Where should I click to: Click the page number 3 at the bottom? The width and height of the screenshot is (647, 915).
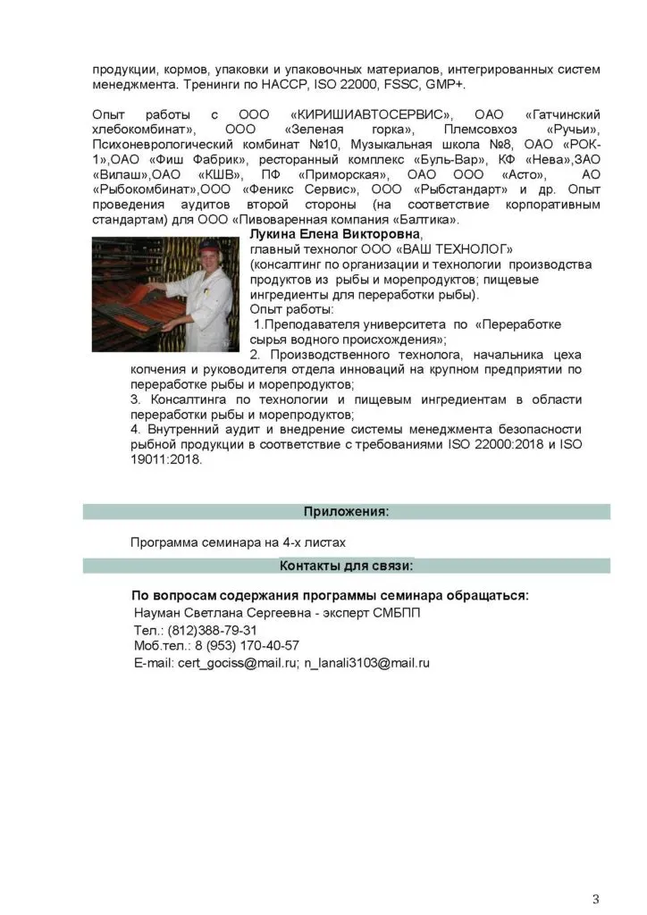pos(595,872)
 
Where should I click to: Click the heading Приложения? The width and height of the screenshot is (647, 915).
pos(346,511)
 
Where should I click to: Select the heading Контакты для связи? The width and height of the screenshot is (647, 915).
pos(346,566)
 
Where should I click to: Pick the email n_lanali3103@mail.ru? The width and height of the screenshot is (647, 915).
pos(367,663)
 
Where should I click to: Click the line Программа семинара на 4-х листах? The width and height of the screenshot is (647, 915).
pos(237,541)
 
